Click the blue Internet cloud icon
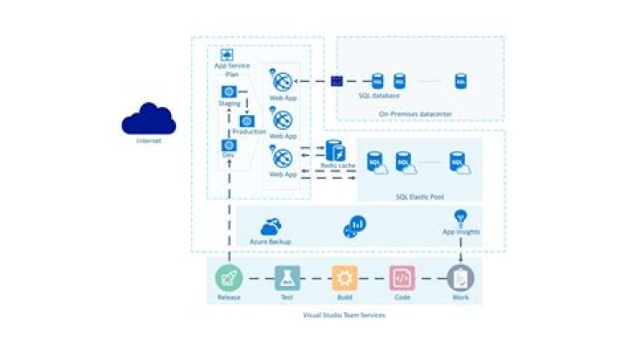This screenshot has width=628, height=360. pyautogui.click(x=148, y=119)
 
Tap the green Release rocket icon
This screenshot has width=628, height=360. pyautogui.click(x=229, y=278)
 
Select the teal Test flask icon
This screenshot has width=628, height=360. pyautogui.click(x=286, y=278)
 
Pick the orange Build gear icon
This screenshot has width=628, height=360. pyautogui.click(x=345, y=278)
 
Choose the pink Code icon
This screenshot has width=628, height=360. pyautogui.click(x=402, y=278)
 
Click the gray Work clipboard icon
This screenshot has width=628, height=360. pyautogui.click(x=461, y=278)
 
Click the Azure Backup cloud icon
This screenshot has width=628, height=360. pyautogui.click(x=270, y=226)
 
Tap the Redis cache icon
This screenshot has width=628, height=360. pyautogui.click(x=335, y=150)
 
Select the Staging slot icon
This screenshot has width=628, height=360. pyautogui.click(x=229, y=92)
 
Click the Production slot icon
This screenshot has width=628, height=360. pyautogui.click(x=247, y=120)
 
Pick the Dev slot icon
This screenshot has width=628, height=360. pyautogui.click(x=229, y=145)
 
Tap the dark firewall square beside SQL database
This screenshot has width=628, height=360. pyautogui.click(x=337, y=81)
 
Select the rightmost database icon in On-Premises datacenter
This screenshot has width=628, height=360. pyautogui.click(x=460, y=81)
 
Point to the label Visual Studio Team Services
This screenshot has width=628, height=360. pyautogui.click(x=344, y=316)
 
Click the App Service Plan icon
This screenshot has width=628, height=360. pyautogui.click(x=228, y=55)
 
